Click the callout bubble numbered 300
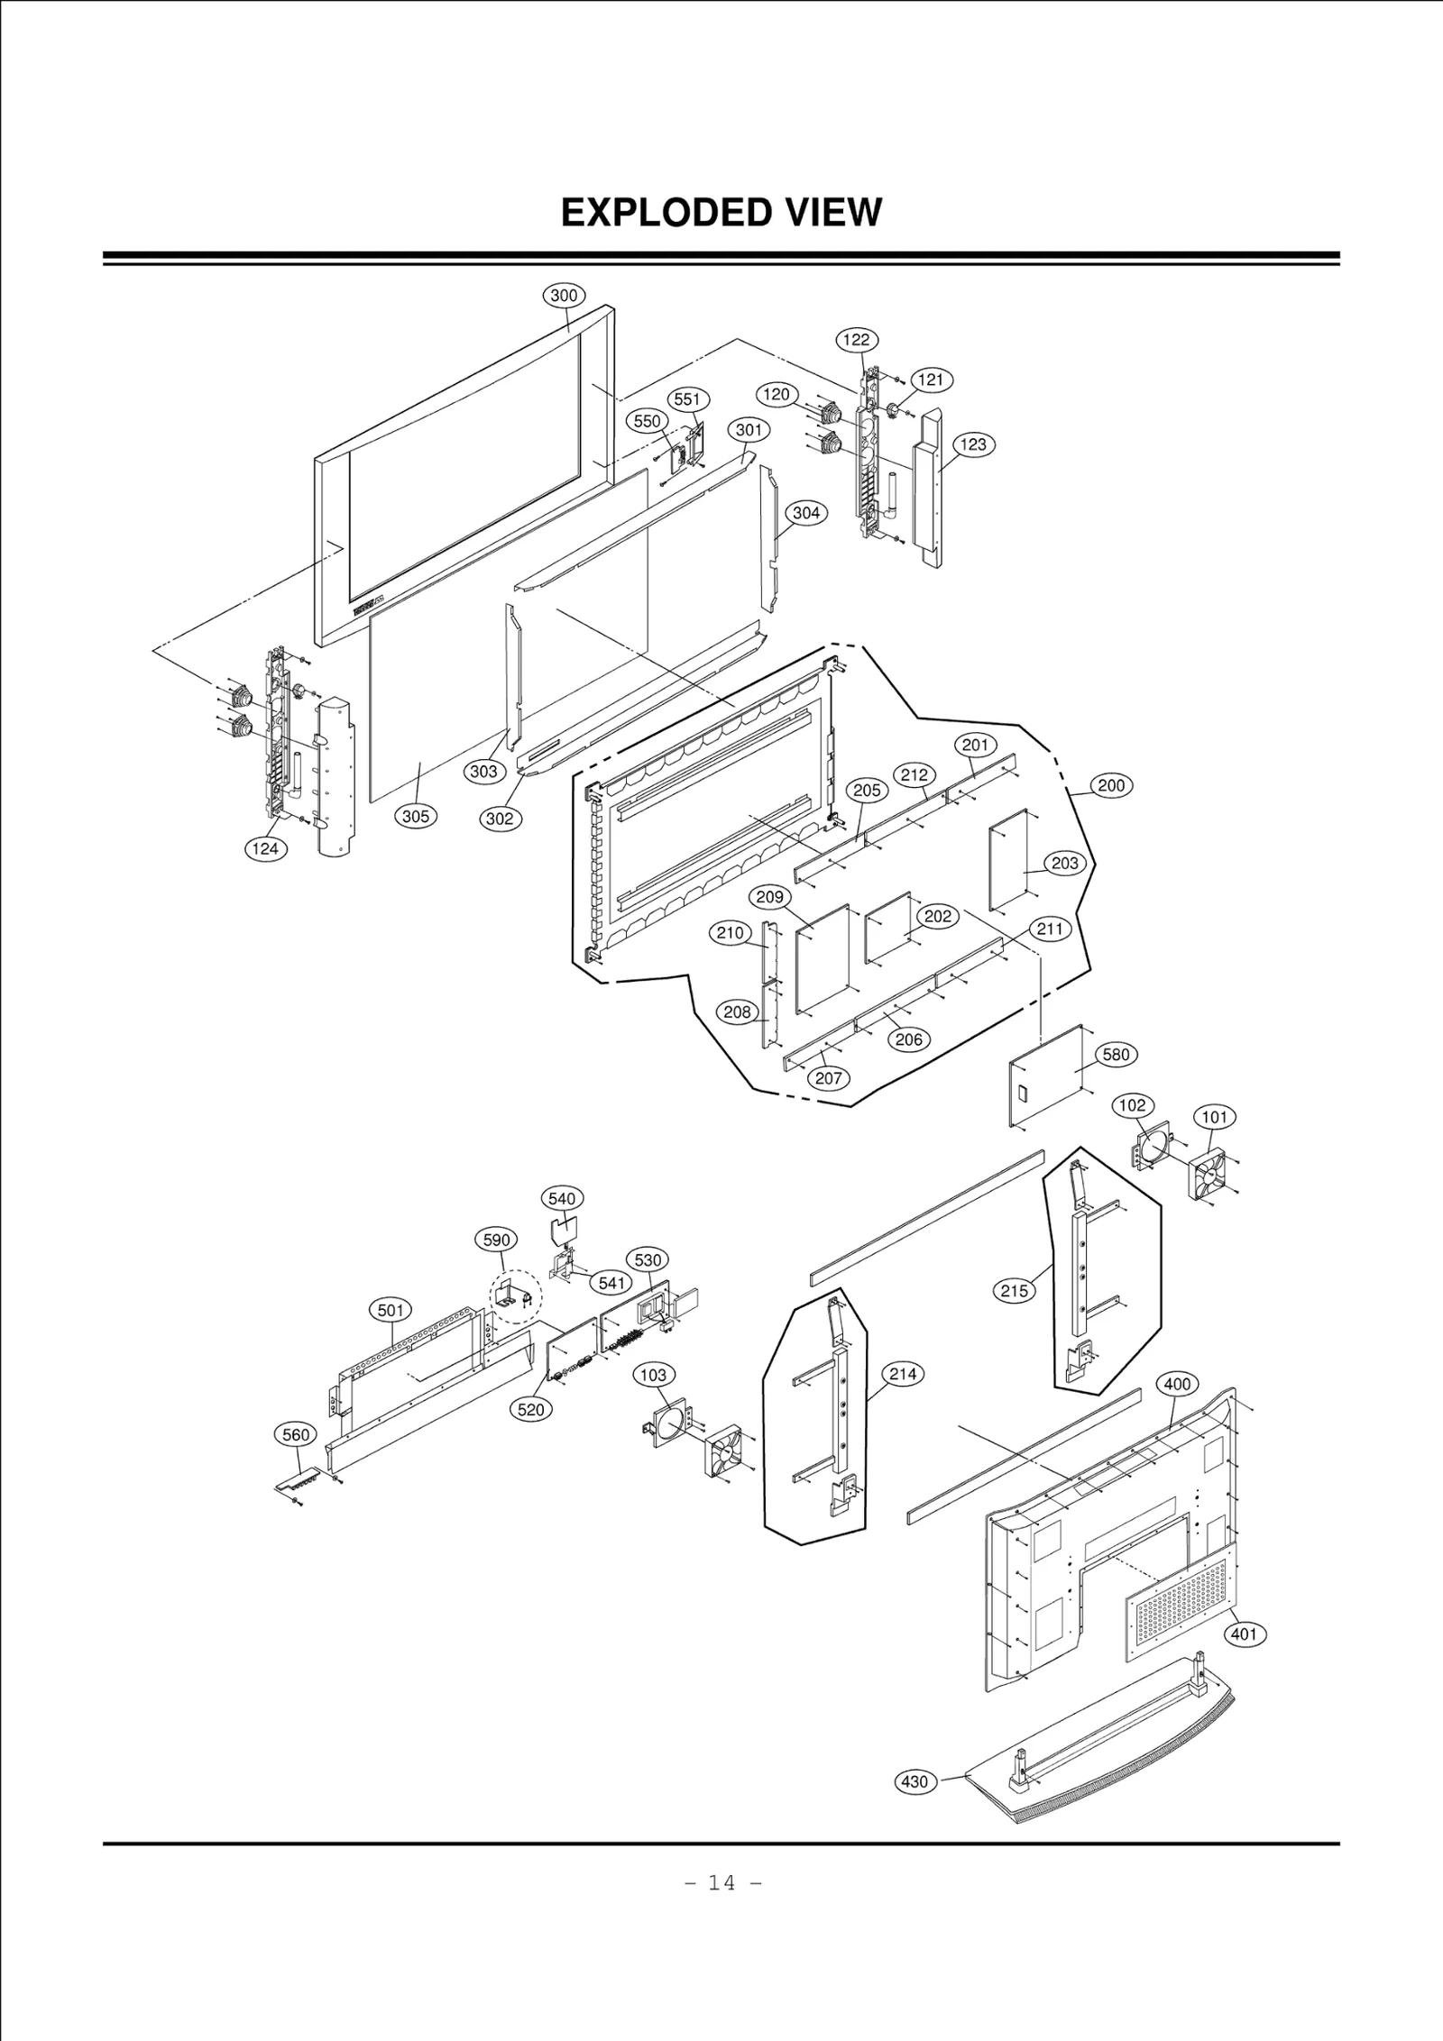[564, 296]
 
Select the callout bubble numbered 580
[1116, 1055]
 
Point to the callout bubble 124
[265, 848]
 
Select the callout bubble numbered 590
[497, 1240]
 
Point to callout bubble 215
[1015, 1291]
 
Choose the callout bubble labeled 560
[296, 1435]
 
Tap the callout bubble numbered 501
[391, 1310]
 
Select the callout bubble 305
[416, 817]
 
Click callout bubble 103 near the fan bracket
[653, 1375]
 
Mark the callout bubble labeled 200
[1111, 785]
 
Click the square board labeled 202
[888, 929]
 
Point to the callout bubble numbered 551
[687, 399]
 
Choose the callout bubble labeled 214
[903, 1374]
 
